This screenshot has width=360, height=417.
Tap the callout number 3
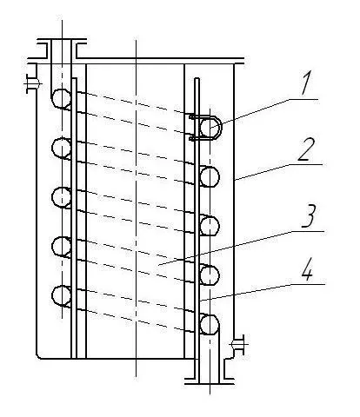308,216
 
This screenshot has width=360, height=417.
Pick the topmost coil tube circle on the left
61,99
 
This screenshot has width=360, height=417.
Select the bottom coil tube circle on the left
61,295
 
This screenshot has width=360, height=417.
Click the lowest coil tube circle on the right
210,325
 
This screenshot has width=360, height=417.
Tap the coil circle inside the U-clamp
210,128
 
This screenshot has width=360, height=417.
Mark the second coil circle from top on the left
61,148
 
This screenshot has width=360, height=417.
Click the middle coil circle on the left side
61,197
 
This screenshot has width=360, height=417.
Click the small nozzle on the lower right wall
237,344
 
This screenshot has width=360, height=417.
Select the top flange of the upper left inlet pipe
62,41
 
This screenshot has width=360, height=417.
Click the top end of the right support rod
197,78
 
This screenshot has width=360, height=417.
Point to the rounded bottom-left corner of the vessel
37,356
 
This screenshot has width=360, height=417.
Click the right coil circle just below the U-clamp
210,177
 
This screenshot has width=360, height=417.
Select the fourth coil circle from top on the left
61,247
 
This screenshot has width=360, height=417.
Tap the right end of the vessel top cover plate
244,61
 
